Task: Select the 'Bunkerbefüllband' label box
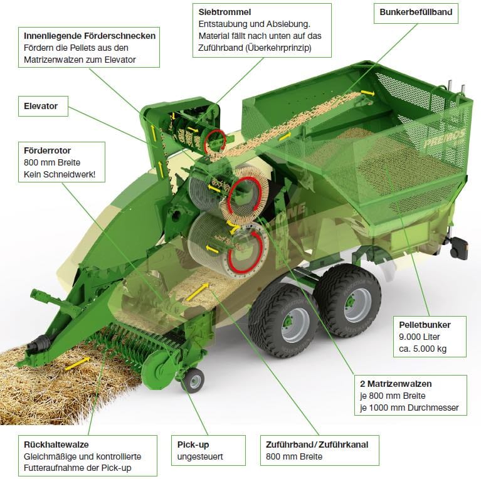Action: click(x=416, y=12)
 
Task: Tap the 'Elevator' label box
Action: click(x=41, y=106)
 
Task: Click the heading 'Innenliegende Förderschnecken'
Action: click(x=89, y=36)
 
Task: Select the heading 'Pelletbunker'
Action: click(x=425, y=325)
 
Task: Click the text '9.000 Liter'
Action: click(x=418, y=337)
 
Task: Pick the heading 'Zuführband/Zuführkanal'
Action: click(x=317, y=444)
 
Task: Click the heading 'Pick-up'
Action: click(x=193, y=444)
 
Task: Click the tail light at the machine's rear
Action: click(x=459, y=248)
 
